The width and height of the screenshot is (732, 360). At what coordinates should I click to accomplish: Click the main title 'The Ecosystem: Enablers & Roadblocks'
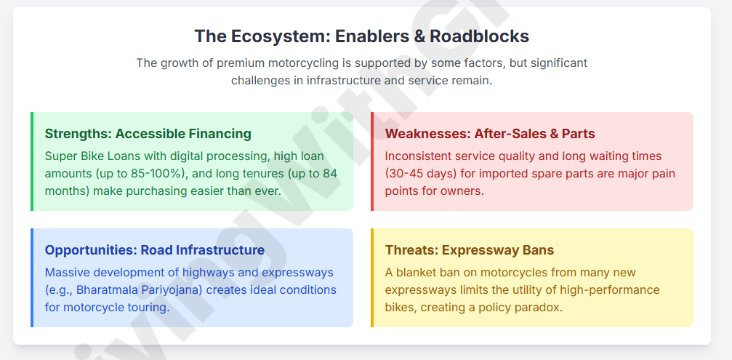[362, 36]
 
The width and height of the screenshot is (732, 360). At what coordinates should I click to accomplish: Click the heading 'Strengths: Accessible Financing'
[148, 134]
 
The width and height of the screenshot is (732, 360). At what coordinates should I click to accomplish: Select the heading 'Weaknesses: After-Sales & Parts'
[490, 134]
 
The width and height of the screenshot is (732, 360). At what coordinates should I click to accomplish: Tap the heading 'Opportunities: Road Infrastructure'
[155, 250]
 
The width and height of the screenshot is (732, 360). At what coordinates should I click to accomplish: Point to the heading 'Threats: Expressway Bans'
[470, 250]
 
